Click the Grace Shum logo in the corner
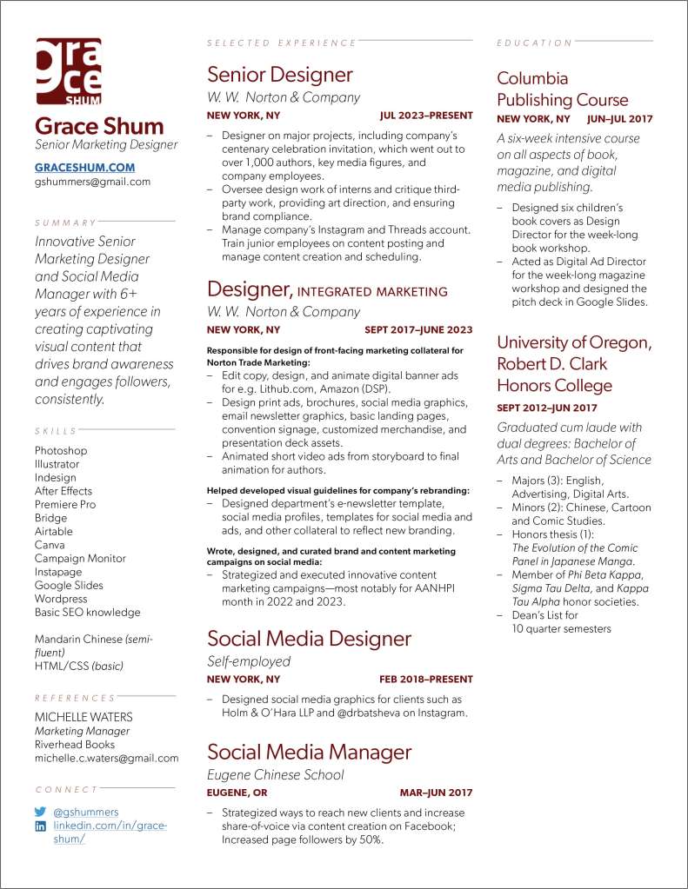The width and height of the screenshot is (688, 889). pos(68,71)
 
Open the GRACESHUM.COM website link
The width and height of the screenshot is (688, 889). pos(84,167)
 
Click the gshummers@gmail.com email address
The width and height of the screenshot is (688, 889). pos(92,182)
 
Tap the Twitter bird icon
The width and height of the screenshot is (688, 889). pos(40,812)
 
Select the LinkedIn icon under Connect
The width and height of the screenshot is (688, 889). pos(40,826)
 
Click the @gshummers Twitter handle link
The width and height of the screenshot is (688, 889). pos(86,812)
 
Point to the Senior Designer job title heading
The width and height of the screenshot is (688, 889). pos(280,75)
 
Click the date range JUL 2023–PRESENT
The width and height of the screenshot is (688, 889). pos(426,116)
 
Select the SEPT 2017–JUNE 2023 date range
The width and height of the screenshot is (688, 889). pos(418,330)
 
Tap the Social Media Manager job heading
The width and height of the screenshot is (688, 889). pos(309,752)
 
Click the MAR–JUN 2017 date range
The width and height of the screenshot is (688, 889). pos(436,793)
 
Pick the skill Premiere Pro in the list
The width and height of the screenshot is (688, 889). pos(65,504)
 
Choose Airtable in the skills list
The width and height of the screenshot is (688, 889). pos(54,531)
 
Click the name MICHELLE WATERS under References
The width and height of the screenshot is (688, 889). pos(83,717)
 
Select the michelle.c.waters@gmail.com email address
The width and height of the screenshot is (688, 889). pos(106,758)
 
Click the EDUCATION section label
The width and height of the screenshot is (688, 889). pos(535,43)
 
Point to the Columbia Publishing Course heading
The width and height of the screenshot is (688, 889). pos(562,89)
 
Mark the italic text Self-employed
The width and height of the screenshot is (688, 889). pos(249,661)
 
